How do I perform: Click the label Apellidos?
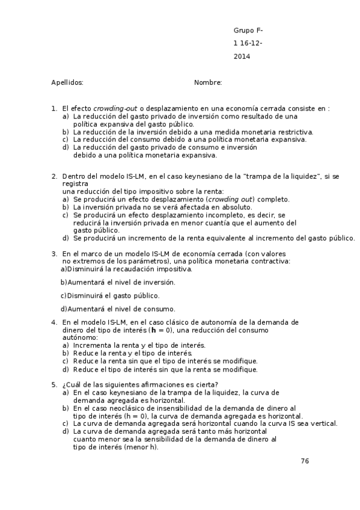click(67, 82)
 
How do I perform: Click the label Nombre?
click(209, 82)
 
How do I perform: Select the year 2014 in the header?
click(242, 57)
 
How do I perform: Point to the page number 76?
click(305, 461)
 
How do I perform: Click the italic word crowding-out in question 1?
click(115, 109)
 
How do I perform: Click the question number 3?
click(54, 254)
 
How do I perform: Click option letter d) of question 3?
click(63, 309)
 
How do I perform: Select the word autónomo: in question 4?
click(78, 337)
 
